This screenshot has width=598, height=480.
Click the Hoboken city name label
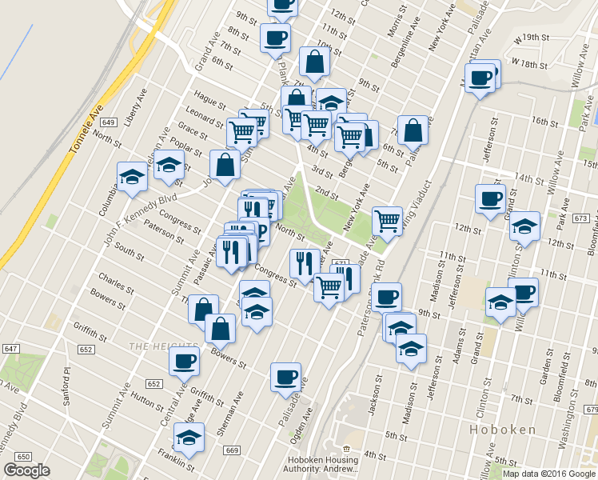tap(503, 430)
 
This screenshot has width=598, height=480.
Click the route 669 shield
tap(233, 450)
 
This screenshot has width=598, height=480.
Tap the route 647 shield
tap(10, 349)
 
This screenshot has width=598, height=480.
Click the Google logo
tap(26, 470)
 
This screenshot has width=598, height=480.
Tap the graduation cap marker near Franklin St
tap(189, 438)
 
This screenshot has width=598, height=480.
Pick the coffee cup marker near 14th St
tap(490, 198)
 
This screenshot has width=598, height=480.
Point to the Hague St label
tap(210, 102)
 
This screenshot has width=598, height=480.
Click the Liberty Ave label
tap(136, 104)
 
